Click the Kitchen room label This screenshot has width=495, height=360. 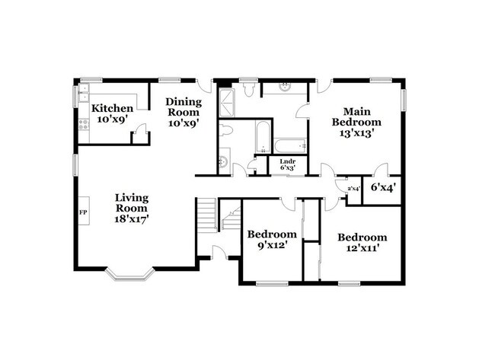113,109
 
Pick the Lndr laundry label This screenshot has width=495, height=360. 287,161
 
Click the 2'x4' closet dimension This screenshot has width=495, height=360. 353,188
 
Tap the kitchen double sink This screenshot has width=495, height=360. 81,97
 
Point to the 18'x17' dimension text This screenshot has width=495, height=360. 131,218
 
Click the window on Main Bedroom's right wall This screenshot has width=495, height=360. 404,100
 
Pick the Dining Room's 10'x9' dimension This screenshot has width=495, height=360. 183,123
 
